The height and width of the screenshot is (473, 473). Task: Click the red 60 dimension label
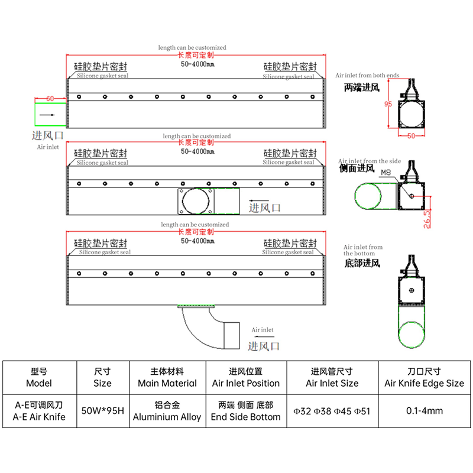coord(50,99)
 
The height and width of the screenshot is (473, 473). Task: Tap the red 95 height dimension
coord(388,104)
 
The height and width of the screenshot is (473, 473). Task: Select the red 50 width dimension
coord(411,136)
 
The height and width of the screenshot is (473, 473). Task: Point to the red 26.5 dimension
coord(427,219)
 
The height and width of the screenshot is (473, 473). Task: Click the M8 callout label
coord(386,172)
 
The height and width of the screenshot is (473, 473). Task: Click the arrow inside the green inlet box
coord(47,115)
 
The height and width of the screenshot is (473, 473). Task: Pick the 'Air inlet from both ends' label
coord(367,76)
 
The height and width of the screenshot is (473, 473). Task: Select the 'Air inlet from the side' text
coord(370,161)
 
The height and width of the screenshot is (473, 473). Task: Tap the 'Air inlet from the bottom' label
coord(363,250)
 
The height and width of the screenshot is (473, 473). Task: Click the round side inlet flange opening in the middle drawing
coord(183,201)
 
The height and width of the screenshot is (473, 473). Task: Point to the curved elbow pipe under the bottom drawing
coord(193,333)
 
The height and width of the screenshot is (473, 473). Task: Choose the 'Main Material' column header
coord(167,383)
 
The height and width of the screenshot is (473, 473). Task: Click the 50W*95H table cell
coord(102,410)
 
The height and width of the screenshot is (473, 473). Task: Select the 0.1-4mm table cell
coord(425,410)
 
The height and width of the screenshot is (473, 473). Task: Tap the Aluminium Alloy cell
coord(167,417)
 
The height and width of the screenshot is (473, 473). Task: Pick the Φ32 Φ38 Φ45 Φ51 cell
coord(332,411)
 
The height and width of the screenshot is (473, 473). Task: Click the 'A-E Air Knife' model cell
coord(39,417)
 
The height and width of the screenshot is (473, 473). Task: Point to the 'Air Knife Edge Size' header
coord(424,383)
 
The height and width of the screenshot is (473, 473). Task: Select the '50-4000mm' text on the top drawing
coord(197,64)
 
